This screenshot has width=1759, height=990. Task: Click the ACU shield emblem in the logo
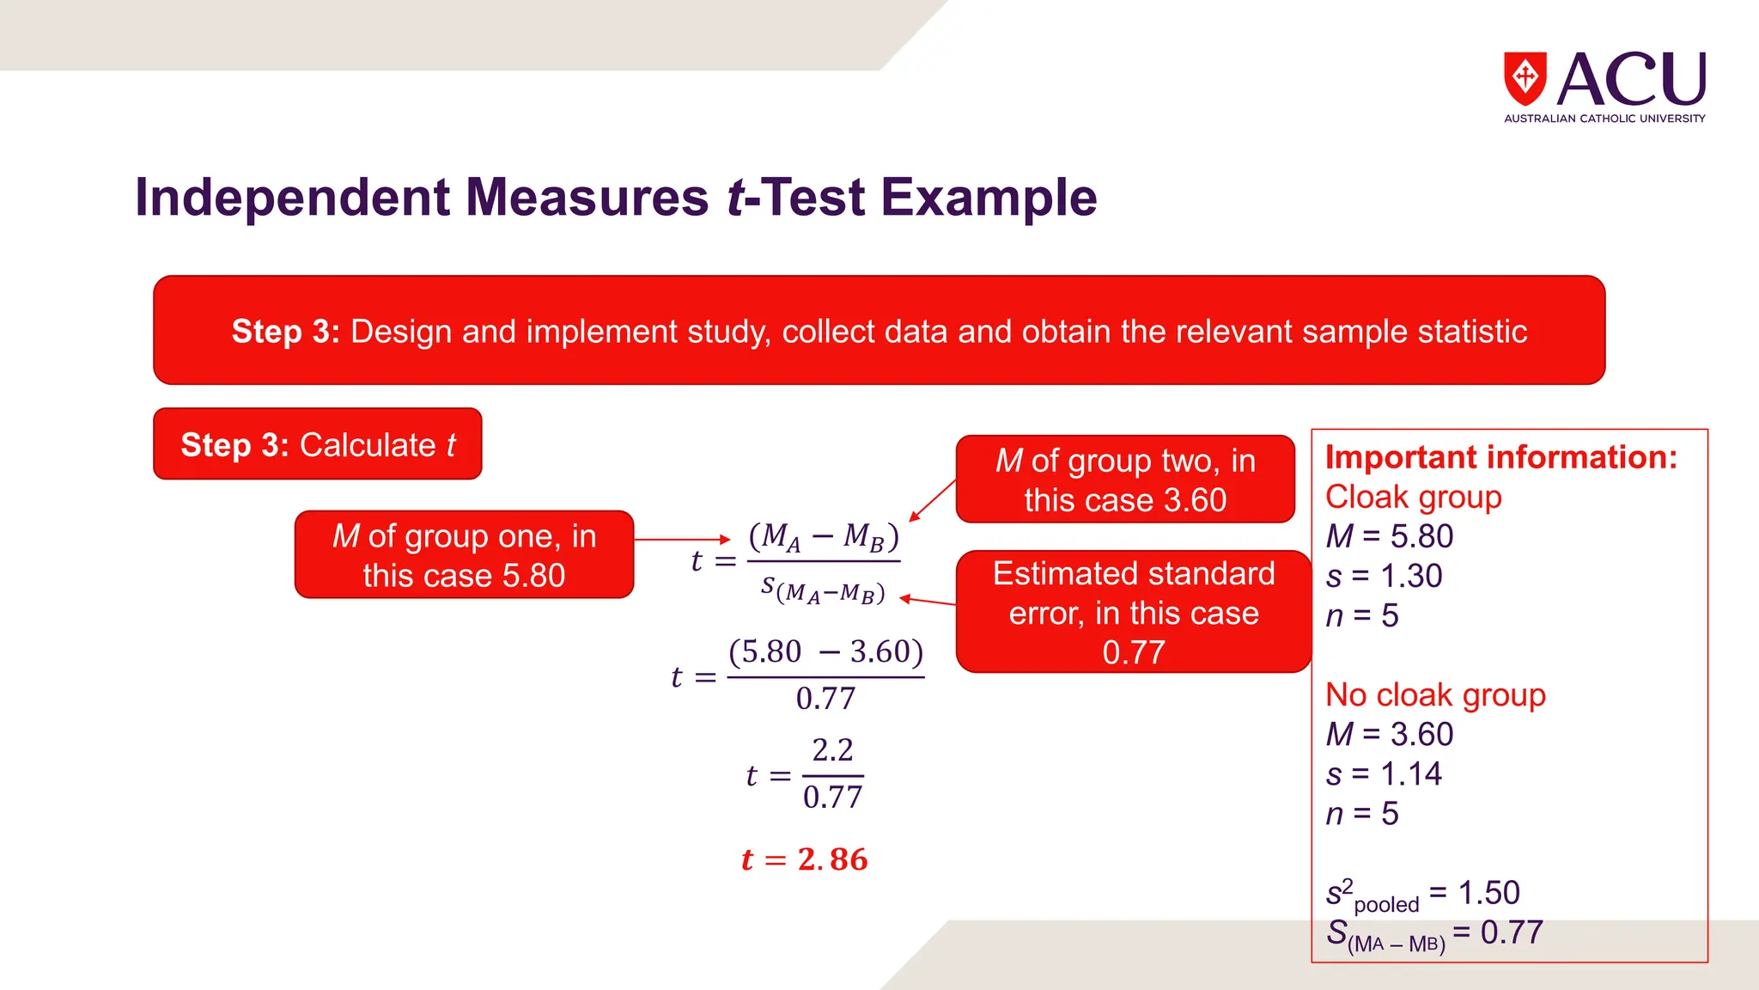click(x=1525, y=79)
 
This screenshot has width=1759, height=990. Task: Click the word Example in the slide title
click(x=989, y=198)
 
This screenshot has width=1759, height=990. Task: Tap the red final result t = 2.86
click(x=805, y=859)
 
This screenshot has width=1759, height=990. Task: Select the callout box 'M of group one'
click(x=464, y=555)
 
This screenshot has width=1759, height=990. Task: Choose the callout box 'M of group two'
click(x=1125, y=480)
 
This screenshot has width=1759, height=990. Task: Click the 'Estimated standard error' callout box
click(x=1134, y=612)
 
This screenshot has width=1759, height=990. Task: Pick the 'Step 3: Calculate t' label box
click(x=318, y=444)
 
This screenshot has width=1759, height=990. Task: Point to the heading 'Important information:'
click(x=1500, y=457)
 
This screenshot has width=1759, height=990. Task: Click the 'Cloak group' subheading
click(x=1413, y=497)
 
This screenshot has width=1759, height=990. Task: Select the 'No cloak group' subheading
click(x=1435, y=694)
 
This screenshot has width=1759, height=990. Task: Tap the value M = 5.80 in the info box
click(x=1389, y=536)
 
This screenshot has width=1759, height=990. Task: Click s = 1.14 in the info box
click(x=1383, y=773)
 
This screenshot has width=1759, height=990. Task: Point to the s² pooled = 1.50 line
click(x=1422, y=894)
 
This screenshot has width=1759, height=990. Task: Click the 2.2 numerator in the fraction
click(x=832, y=750)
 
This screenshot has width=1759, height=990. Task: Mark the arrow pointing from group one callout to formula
click(x=682, y=540)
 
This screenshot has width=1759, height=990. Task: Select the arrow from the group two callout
click(x=933, y=499)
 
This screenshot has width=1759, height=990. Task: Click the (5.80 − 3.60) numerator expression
click(x=825, y=652)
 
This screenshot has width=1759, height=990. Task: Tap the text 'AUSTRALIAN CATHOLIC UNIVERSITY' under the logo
click(x=1604, y=119)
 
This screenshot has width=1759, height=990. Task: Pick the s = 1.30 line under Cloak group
click(x=1383, y=576)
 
